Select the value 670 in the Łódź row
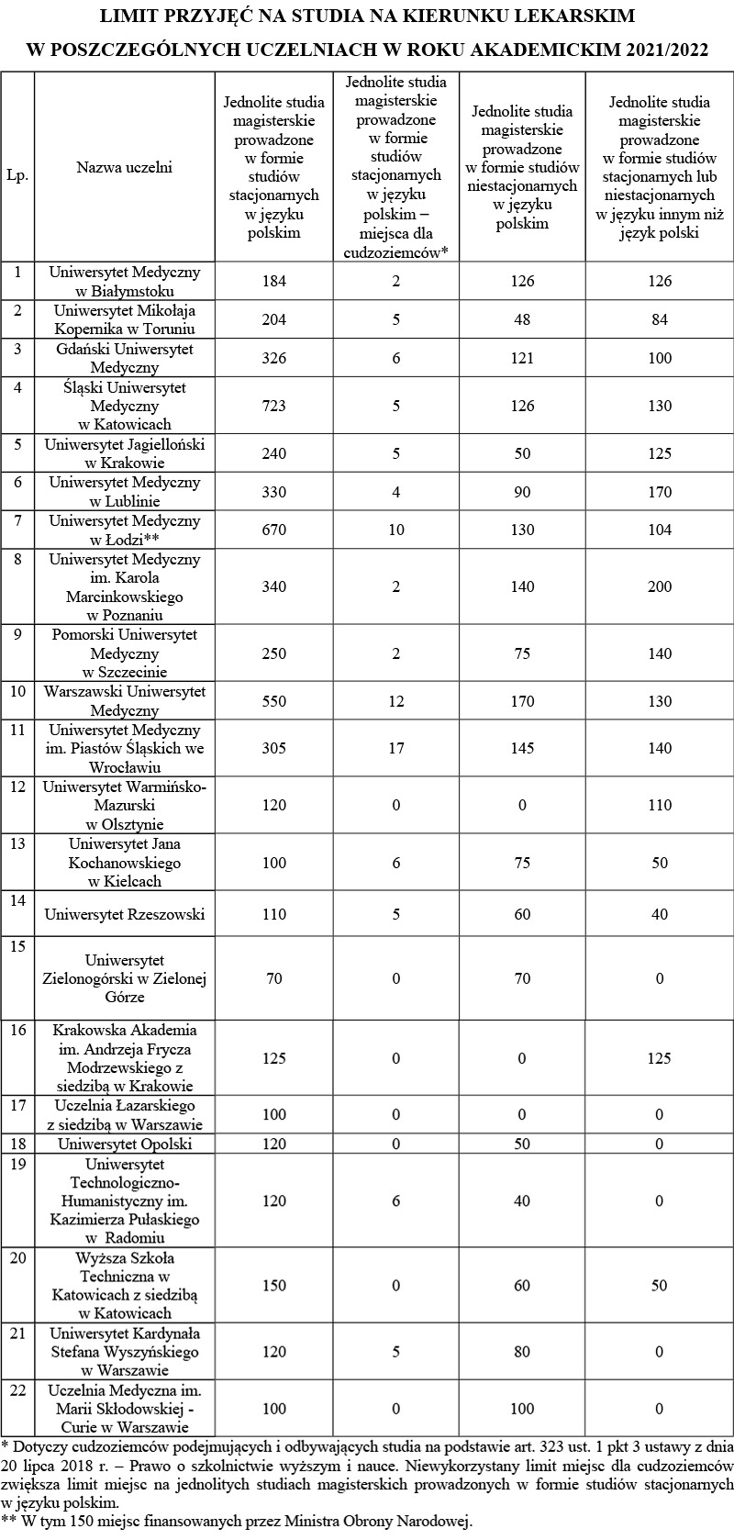tap(273, 530)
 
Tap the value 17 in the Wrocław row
tap(396, 748)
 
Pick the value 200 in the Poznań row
tap(659, 586)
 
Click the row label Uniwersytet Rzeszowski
tap(124, 914)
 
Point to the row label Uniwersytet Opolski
tap(124, 1144)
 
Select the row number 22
tap(17, 1390)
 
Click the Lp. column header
tap(17, 174)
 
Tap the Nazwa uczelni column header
tap(124, 167)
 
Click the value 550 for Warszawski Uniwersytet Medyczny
tap(273, 701)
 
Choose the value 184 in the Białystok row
tap(273, 281)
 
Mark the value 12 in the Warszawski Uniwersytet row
tap(396, 701)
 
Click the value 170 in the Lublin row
tap(659, 491)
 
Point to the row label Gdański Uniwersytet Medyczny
tap(124, 358)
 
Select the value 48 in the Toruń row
tap(522, 319)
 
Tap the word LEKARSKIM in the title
tap(577, 17)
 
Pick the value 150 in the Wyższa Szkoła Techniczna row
tap(273, 1286)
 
